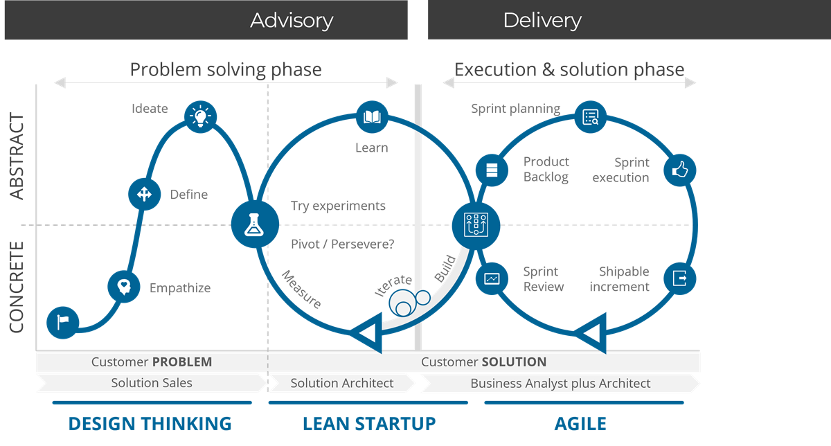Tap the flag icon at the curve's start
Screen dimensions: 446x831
63,321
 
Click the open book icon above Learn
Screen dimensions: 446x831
372,116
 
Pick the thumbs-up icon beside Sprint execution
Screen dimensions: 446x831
679,170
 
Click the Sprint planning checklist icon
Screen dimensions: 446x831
591,117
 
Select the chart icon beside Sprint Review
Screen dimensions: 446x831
492,278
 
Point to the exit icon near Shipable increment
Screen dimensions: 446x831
679,278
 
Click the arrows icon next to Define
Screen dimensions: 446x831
144,195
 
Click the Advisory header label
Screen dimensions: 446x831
292,21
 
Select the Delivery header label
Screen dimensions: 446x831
542,21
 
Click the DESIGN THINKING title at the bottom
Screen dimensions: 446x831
150,424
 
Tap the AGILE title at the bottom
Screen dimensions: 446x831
580,424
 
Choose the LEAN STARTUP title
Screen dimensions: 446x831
369,424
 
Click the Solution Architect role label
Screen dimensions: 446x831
342,383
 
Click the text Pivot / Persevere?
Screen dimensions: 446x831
343,244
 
